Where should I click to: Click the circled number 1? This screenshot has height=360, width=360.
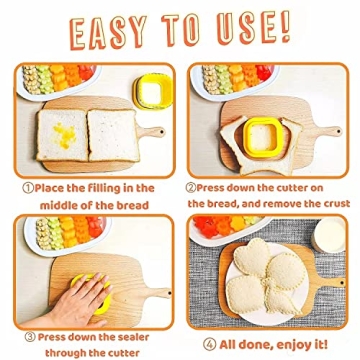click(27, 187)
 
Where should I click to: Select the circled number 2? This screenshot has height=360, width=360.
click(192, 187)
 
